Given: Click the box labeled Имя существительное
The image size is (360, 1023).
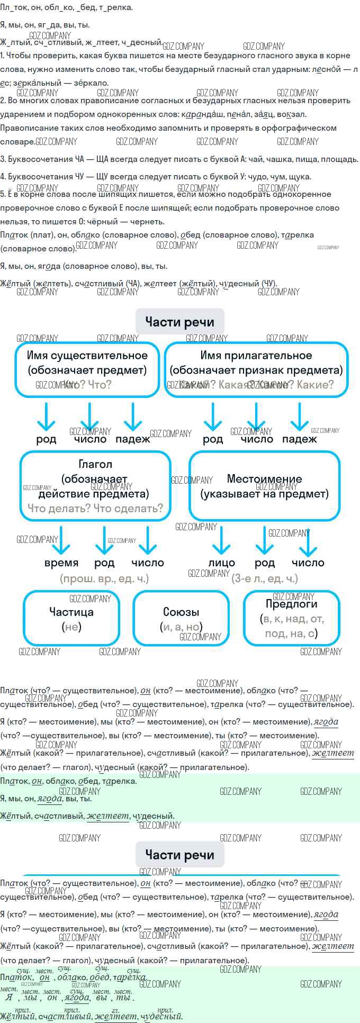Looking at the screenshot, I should click(x=87, y=369).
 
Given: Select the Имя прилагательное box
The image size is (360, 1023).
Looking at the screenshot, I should click(x=256, y=369).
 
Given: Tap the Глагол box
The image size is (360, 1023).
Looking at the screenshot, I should click(x=95, y=485).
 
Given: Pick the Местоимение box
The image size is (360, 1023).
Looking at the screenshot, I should click(x=264, y=486).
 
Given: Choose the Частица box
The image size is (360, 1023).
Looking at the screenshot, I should click(x=71, y=619).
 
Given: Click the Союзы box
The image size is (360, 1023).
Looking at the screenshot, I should click(x=181, y=619).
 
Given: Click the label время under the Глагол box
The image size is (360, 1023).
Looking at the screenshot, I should click(x=61, y=563).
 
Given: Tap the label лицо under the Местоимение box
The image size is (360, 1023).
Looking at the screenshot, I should click(x=221, y=563).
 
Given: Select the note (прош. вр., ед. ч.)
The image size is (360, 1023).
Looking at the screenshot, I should click(x=104, y=578).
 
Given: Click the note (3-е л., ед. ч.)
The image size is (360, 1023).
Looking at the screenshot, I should click(x=265, y=578).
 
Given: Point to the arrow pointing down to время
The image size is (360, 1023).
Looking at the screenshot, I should click(x=61, y=540).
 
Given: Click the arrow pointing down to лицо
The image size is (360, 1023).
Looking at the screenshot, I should click(x=221, y=540).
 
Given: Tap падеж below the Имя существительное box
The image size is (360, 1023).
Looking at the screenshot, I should click(x=132, y=439).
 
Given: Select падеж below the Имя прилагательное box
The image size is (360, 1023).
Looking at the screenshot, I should click(x=299, y=439).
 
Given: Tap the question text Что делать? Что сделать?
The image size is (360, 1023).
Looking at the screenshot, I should click(x=95, y=509).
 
